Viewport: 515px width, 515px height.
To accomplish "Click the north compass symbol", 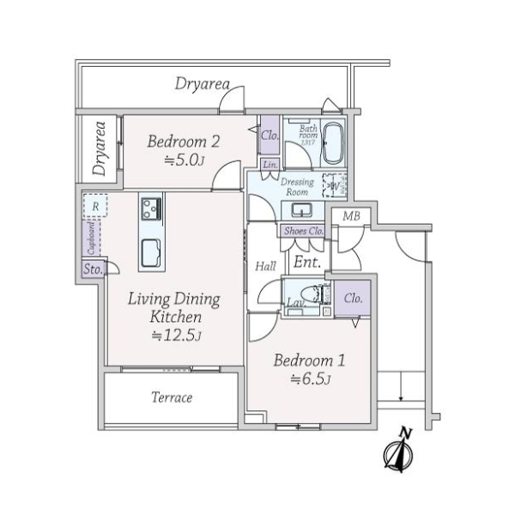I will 400,451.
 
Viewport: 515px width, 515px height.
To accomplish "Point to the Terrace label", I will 172,398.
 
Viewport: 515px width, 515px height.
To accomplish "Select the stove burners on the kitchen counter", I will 151,208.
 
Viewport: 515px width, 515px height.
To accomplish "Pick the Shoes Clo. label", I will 302,231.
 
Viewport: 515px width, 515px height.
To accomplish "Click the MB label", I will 351,215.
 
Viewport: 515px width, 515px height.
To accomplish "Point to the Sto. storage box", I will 92,270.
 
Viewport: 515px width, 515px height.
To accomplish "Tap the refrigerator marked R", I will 94,207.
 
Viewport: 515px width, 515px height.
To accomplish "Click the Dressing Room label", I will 298,187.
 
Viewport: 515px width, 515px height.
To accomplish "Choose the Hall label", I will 264,267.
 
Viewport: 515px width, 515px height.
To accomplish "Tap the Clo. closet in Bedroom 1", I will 353,299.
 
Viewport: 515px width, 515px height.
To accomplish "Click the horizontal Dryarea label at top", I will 202,84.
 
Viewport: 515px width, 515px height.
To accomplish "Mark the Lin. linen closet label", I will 269,164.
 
